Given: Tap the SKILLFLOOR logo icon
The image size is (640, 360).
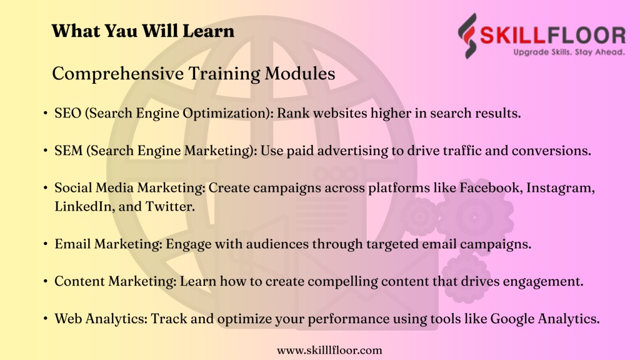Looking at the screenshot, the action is point(467,36).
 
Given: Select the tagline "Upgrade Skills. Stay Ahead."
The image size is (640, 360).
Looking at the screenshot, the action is point(569,52).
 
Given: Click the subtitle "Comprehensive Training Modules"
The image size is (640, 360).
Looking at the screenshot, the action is point(194,74).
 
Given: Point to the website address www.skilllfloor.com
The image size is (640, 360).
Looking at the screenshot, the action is point(329,350).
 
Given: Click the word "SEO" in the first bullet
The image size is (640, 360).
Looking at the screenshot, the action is point(67,113).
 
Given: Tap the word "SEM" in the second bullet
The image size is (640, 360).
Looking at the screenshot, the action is point(69,151).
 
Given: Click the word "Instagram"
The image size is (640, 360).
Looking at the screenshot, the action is point(561,188).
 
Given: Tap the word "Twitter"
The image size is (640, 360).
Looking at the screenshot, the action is point(170,206).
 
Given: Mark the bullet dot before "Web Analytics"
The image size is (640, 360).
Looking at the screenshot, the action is point(45,318).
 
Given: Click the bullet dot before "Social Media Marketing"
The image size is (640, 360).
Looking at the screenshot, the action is point(45,187).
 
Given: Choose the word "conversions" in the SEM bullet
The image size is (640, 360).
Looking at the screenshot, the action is point(551,151).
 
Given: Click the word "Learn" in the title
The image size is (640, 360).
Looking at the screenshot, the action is point(208,31).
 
